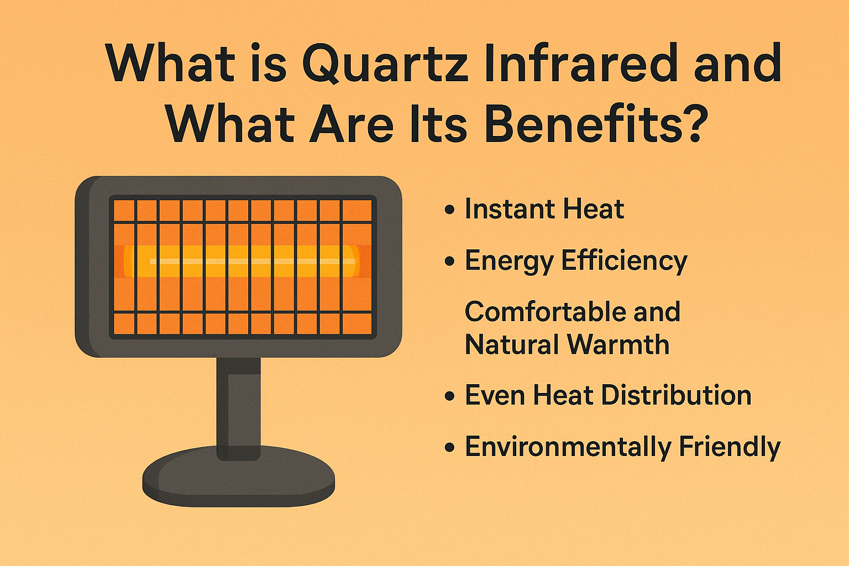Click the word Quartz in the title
click(x=386, y=63)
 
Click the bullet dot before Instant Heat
click(x=450, y=210)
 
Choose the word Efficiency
click(x=624, y=260)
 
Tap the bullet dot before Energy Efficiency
click(x=450, y=261)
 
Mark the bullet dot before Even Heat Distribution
click(x=450, y=396)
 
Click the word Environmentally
click(x=567, y=447)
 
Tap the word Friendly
click(x=730, y=447)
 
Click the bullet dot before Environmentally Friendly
click(x=450, y=448)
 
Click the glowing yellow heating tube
click(x=242, y=261)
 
